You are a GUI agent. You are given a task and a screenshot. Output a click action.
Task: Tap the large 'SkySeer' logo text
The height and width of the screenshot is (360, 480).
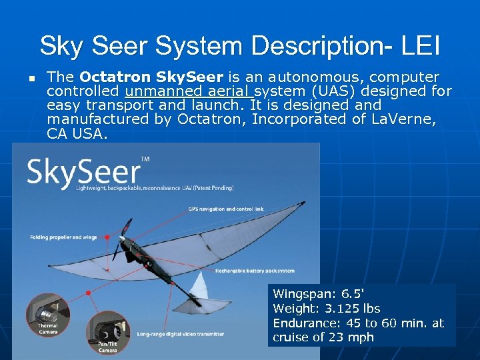pos(83,173)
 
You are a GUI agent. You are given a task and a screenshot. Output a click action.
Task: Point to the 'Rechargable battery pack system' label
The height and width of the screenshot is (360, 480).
pos(254,271)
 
